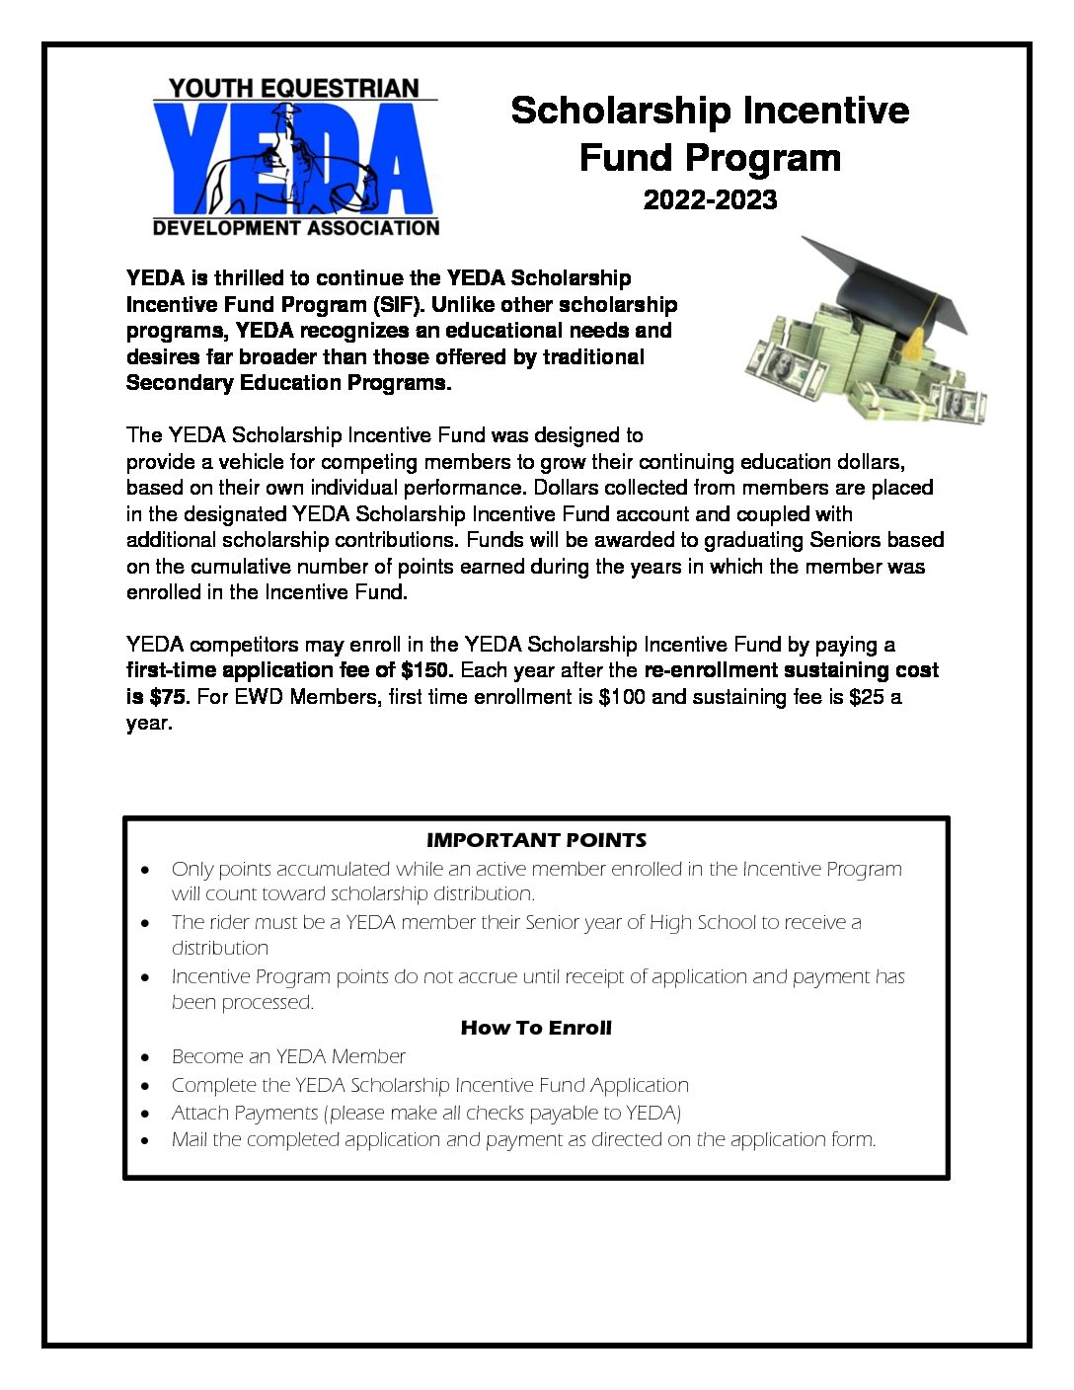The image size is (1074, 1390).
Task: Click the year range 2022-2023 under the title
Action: pyautogui.click(x=710, y=199)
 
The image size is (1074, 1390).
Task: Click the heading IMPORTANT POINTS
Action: pyautogui.click(x=536, y=840)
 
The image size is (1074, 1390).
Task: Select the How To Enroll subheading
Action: pyautogui.click(x=536, y=1028)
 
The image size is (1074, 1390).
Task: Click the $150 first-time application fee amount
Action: pyautogui.click(x=426, y=670)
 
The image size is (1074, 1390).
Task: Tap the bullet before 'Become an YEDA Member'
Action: pyautogui.click(x=146, y=1057)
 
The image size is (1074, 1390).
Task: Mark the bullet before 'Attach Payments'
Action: pyautogui.click(x=146, y=1114)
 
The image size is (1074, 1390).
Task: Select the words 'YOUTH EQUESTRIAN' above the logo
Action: pyautogui.click(x=294, y=88)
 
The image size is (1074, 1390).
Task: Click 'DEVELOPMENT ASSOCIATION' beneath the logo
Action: pyautogui.click(x=296, y=228)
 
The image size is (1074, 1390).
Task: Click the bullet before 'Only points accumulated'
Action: pyautogui.click(x=146, y=871)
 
